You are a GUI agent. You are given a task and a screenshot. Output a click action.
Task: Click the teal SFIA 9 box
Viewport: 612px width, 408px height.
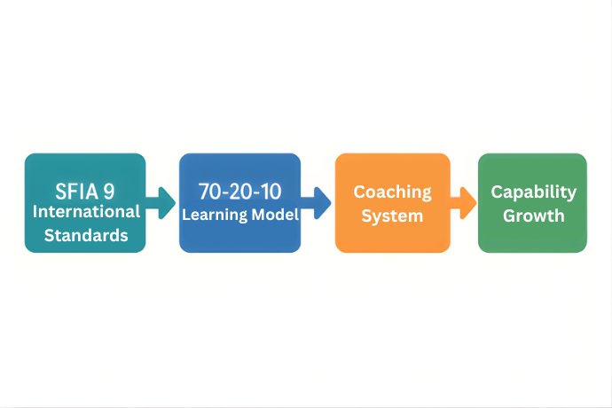pyautogui.click(x=85, y=202)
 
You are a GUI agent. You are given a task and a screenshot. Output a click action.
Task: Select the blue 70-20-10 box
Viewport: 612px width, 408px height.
pyautogui.click(x=239, y=202)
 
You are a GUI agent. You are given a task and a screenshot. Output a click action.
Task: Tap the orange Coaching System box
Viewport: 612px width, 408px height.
pyautogui.click(x=393, y=202)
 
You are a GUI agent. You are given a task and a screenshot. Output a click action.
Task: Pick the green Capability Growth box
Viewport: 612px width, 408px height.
pyautogui.click(x=532, y=202)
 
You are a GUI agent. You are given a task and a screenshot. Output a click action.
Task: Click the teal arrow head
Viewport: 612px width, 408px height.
pyautogui.click(x=167, y=202)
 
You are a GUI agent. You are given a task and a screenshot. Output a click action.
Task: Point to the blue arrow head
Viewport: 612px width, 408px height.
pyautogui.click(x=322, y=202)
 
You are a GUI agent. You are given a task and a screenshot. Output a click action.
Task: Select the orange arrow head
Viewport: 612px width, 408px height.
pyautogui.click(x=468, y=202)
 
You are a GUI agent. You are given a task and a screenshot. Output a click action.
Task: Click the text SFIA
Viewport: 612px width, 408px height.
pyautogui.click(x=77, y=192)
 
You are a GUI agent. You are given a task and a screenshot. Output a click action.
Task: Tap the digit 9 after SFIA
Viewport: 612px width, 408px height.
pyautogui.click(x=109, y=192)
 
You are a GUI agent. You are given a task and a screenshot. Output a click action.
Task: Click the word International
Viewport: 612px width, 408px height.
pyautogui.click(x=86, y=212)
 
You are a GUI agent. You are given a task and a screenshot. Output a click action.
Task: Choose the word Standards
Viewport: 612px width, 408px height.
pyautogui.click(x=86, y=235)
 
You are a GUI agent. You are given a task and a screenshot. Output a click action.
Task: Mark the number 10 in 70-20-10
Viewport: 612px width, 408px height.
pyautogui.click(x=270, y=192)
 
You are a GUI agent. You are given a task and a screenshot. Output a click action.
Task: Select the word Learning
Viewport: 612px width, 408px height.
pyautogui.click(x=215, y=215)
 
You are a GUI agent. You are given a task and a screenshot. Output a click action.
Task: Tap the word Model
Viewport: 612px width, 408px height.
pyautogui.click(x=276, y=215)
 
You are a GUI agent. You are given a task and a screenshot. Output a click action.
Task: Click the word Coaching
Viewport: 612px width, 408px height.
pyautogui.click(x=393, y=192)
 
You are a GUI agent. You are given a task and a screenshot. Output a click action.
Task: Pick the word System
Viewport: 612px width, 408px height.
pyautogui.click(x=392, y=216)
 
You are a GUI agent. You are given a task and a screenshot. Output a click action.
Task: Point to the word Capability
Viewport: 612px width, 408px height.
pyautogui.click(x=534, y=192)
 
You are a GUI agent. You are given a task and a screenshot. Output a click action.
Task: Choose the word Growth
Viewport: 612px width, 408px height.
pyautogui.click(x=534, y=216)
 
